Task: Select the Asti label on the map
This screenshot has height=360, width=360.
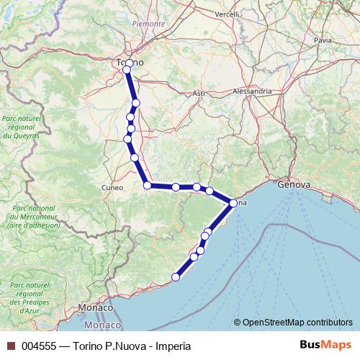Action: [199, 93]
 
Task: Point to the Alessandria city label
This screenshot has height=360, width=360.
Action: [252, 91]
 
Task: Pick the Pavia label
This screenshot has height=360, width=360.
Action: [323, 40]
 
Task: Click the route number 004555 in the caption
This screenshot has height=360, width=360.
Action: [39, 346]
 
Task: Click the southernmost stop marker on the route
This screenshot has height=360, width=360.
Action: [175, 276]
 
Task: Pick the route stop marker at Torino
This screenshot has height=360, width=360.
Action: [127, 69]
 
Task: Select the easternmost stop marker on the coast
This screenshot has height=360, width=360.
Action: [233, 203]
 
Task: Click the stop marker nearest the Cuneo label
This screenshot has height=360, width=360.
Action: [148, 186]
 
